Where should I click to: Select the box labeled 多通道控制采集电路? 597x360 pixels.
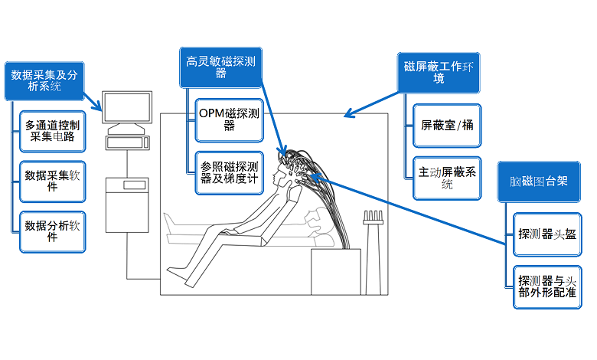pos(53,130)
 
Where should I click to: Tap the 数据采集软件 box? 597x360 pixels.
pos(53,181)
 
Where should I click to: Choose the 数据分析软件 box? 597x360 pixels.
pos(53,231)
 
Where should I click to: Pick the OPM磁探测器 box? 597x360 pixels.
pos(228,119)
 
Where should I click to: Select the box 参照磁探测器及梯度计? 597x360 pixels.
pos(228,173)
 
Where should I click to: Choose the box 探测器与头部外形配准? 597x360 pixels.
pos(546,285)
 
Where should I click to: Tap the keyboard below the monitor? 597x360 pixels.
pos(127,142)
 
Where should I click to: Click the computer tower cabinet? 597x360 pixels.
pos(126,203)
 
